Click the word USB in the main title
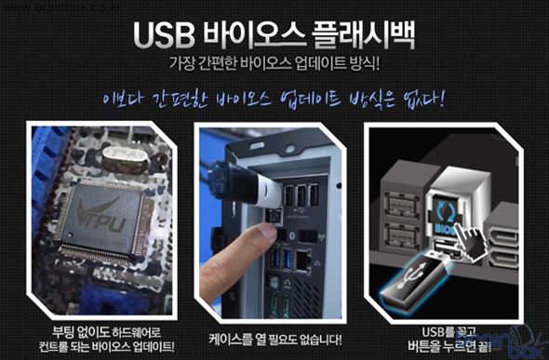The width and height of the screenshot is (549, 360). pos(164,36)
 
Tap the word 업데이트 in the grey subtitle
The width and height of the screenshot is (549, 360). pos(320,63)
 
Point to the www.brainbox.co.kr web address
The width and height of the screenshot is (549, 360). pos(60,7)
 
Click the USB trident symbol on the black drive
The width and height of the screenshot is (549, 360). pos(412,277)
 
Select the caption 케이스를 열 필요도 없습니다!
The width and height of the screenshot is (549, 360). pos(274,339)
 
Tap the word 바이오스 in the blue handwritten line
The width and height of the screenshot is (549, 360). pos(244,100)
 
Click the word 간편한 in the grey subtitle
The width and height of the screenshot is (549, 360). pos(218,63)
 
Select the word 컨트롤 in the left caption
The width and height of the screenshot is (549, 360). pos(53,346)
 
